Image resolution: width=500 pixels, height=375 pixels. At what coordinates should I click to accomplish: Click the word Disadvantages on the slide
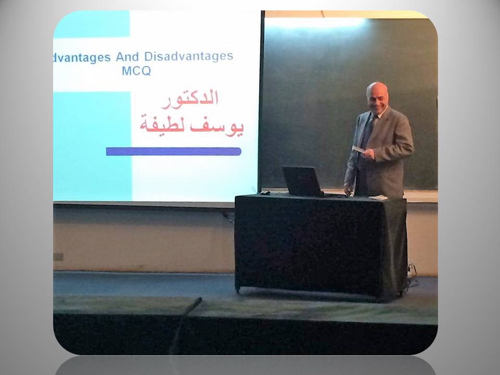click(x=189, y=56)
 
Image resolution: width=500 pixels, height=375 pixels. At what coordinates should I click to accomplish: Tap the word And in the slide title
click(x=127, y=57)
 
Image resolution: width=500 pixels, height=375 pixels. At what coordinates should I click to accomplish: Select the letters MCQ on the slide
click(x=136, y=70)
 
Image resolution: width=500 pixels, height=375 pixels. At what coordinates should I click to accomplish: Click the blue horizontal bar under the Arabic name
click(x=173, y=152)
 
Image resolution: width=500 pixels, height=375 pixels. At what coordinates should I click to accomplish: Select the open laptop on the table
click(x=303, y=182)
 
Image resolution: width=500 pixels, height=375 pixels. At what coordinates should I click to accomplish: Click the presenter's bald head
click(x=377, y=90)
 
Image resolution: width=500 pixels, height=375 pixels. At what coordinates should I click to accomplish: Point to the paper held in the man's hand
click(x=359, y=149)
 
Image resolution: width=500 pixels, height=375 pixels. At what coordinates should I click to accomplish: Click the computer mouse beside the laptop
click(x=265, y=193)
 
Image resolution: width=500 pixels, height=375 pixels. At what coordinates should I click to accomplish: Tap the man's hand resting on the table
click(x=347, y=190)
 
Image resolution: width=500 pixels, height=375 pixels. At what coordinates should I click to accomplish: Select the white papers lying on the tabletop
click(x=378, y=198)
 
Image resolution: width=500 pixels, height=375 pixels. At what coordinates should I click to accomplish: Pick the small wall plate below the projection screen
click(x=58, y=257)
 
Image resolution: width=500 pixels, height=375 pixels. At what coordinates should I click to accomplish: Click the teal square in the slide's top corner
click(x=92, y=24)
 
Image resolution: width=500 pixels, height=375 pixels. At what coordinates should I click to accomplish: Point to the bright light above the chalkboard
click(x=316, y=22)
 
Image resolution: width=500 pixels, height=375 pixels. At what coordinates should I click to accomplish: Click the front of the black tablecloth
click(x=309, y=245)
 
